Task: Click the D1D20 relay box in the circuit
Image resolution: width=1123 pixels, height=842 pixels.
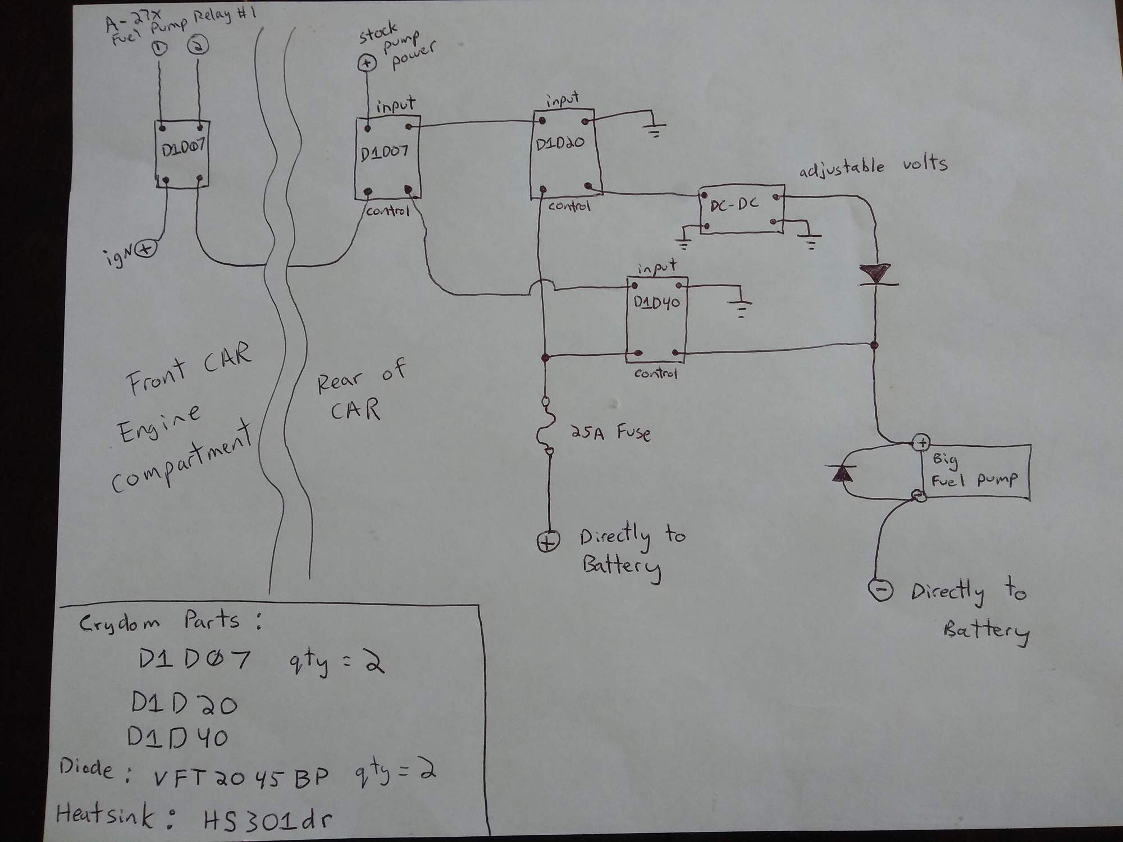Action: click(x=564, y=154)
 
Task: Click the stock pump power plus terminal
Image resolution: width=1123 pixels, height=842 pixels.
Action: click(x=367, y=63)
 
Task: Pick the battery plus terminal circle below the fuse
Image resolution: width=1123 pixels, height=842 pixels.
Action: click(x=547, y=542)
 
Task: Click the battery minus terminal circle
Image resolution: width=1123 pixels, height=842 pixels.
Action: click(x=880, y=589)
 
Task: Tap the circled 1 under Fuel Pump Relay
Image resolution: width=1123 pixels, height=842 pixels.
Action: click(x=159, y=49)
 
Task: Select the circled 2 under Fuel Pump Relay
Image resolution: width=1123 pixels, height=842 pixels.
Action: click(x=198, y=46)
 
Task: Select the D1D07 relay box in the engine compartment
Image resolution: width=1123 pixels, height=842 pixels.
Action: click(x=182, y=154)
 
